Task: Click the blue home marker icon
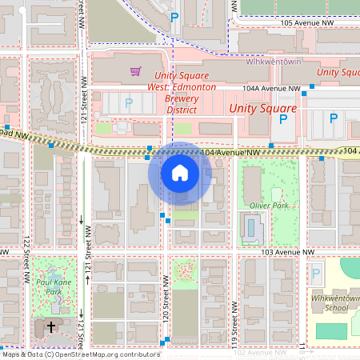point(180,173)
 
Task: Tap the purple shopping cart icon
point(135,72)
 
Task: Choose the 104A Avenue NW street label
point(272,88)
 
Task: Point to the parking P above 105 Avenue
point(174,16)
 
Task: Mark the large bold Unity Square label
point(262,107)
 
